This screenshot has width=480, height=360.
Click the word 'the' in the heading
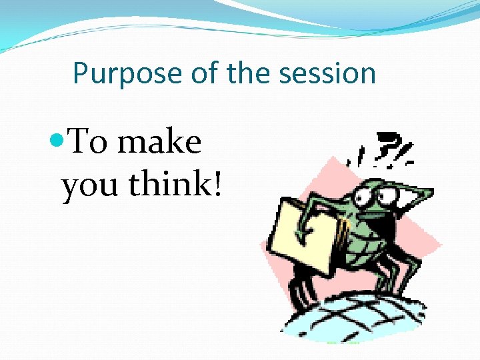[x=249, y=73]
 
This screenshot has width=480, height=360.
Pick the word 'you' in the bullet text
[x=91, y=185]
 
